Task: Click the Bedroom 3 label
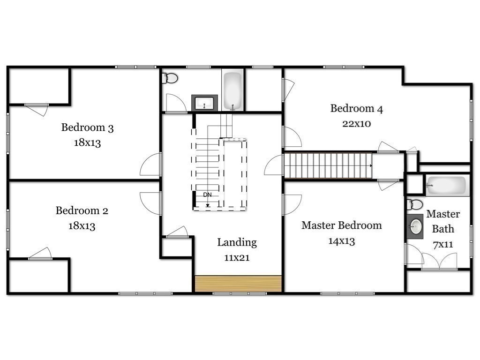[x=87, y=127]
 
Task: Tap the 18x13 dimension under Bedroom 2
[x=82, y=226]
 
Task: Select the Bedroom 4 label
[x=356, y=109]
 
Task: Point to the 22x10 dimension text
[x=357, y=124]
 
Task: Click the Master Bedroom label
[x=341, y=225]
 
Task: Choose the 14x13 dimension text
[x=341, y=241]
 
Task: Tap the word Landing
[x=237, y=242]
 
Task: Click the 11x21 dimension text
[x=237, y=258]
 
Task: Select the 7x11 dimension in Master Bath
[x=442, y=244]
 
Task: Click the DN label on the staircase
[x=207, y=195]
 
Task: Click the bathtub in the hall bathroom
[x=232, y=90]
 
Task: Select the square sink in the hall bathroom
[x=204, y=103]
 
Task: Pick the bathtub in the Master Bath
[x=447, y=186]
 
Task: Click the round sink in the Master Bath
[x=415, y=228]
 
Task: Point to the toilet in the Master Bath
[x=415, y=204]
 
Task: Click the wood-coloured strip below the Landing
[x=238, y=284]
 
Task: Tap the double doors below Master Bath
[x=439, y=261]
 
